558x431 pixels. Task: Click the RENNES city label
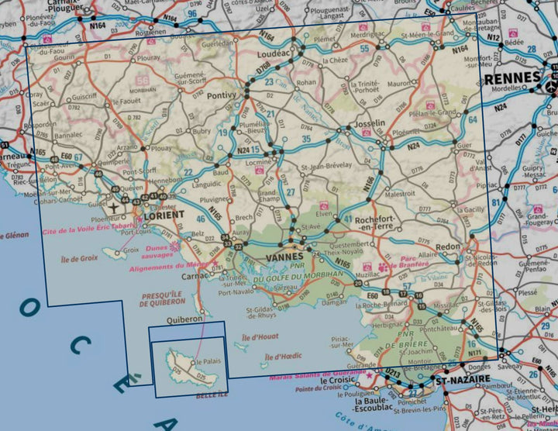pos(512,78)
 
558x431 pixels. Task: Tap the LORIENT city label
pos(164,215)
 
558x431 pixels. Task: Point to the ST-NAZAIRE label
pos(463,381)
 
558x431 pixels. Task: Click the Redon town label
pos(448,246)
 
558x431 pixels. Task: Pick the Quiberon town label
pos(184,318)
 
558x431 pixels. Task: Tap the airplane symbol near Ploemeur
pos(115,208)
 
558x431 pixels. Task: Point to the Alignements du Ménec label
pos(167,264)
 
